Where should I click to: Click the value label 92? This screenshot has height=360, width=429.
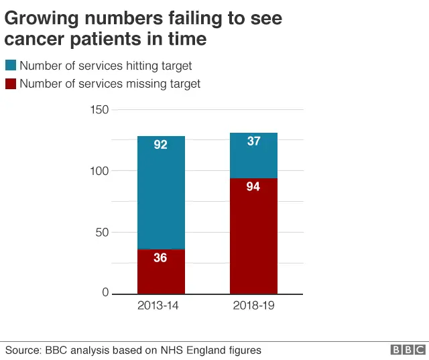tap(160, 144)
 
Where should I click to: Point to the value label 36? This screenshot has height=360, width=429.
tap(160, 257)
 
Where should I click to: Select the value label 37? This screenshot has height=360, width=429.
tap(253, 141)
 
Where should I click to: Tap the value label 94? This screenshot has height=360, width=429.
tap(253, 187)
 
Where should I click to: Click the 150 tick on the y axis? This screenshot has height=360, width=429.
tap(99, 110)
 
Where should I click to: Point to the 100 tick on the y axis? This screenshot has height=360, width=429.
tap(99, 171)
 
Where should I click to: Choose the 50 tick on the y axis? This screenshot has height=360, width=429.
tap(103, 233)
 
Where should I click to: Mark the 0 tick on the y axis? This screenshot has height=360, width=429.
tap(105, 293)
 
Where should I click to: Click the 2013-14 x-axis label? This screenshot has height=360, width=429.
tap(160, 306)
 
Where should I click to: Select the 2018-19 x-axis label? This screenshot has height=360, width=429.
tap(253, 306)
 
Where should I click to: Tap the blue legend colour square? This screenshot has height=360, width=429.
tap(11, 66)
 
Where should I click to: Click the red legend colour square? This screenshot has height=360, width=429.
tap(11, 84)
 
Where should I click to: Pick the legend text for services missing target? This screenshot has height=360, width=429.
tap(110, 84)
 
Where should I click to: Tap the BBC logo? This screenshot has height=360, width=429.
tap(408, 350)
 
